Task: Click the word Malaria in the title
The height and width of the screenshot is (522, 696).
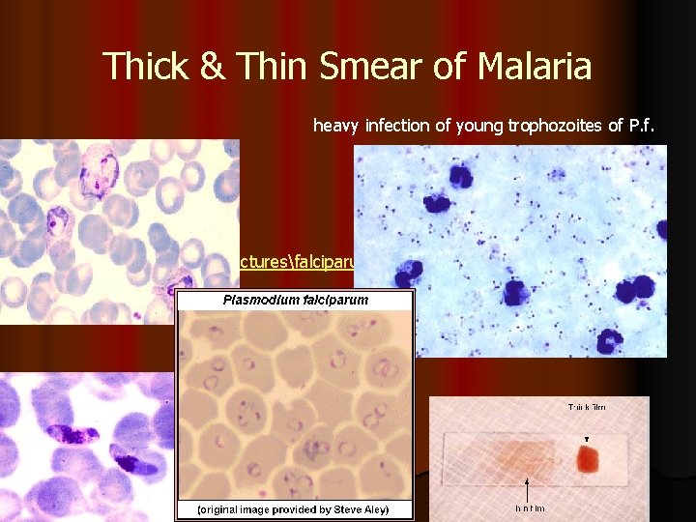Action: [520, 67]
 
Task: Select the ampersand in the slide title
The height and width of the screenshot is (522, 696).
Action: [210, 67]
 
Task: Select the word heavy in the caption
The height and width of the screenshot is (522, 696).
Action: [333, 125]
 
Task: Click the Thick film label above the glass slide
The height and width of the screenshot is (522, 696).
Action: [593, 407]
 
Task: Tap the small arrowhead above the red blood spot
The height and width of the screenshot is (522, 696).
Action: [587, 437]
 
